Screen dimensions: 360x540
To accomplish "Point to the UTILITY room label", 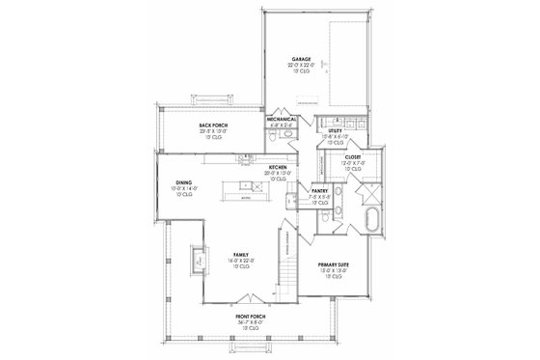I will [336, 129].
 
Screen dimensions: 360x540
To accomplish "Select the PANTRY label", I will [320, 191].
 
